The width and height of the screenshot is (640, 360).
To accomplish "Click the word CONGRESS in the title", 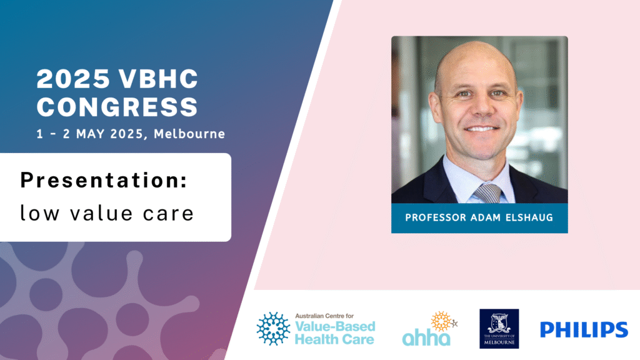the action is pos(117,107).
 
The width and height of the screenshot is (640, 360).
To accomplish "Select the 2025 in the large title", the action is pos(74,79).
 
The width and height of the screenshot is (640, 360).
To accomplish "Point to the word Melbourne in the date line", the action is pos(189,134).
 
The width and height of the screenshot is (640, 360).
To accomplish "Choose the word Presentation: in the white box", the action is pos(104,180).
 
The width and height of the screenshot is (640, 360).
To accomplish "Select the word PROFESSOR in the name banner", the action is pos(436,217).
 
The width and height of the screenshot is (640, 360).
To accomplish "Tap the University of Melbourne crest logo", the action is pos(499,329).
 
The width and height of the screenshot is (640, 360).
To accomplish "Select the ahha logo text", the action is pos(426,337).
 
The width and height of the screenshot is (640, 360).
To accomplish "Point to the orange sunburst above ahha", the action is pos(442,321).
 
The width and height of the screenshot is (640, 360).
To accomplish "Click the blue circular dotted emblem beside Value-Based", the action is pos(273,329).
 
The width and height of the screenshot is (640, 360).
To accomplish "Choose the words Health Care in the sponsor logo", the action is pos(334,339).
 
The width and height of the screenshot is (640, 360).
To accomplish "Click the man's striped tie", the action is pos(487,193).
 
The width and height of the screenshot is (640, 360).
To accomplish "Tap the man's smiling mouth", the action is pos(482,129).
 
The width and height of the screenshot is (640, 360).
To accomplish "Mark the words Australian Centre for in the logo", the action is pos(324,316).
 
